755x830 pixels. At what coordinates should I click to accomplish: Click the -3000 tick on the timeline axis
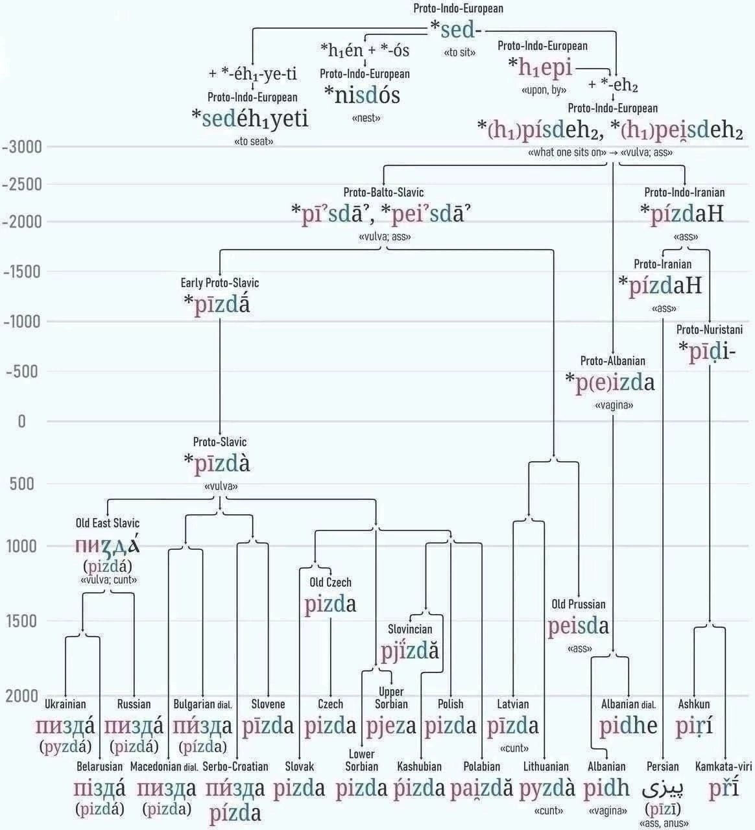[22, 147]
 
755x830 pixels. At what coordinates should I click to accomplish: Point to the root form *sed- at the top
[457, 29]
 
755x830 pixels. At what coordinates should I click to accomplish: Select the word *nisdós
[362, 95]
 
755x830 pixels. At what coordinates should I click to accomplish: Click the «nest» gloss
[366, 118]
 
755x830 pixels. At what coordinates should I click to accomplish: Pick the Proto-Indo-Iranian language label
[684, 193]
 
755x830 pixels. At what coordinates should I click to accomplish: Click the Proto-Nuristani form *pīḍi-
[707, 351]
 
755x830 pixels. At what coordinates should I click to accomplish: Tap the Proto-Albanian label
[613, 361]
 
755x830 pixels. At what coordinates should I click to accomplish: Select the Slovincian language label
[410, 629]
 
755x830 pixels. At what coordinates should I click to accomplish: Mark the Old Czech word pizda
[330, 604]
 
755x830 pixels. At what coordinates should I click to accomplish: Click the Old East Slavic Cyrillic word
[108, 546]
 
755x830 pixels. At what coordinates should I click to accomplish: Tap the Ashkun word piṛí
[694, 726]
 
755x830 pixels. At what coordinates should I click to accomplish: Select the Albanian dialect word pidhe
[628, 726]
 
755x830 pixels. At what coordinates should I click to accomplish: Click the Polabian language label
[482, 766]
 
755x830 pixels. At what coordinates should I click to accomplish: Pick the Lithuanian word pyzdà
[547, 788]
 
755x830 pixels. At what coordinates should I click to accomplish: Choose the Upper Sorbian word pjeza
[391, 726]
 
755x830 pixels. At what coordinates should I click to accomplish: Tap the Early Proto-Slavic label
[220, 283]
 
